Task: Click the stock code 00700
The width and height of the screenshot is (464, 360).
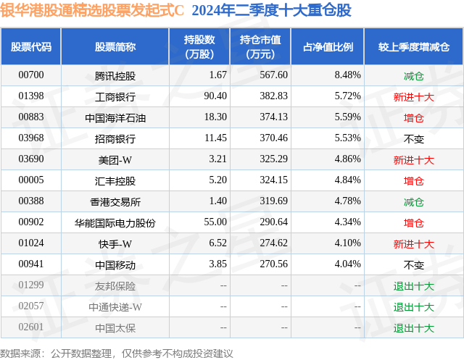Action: tap(31, 75)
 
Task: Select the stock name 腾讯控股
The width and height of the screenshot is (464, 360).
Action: tap(115, 76)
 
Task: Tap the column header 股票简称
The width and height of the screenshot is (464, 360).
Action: tap(115, 46)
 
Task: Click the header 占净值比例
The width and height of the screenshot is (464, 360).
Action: tap(328, 46)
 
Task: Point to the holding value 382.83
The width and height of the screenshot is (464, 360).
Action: tap(274, 96)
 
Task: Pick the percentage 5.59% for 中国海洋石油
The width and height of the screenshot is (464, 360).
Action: tap(348, 117)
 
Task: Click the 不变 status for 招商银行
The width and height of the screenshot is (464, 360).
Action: tap(414, 139)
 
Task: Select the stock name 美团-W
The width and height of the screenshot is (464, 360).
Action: tap(115, 160)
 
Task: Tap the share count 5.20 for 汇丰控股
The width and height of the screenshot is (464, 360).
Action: tap(217, 180)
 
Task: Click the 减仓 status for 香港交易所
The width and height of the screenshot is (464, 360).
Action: tap(414, 202)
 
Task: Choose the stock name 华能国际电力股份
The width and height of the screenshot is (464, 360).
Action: tap(115, 223)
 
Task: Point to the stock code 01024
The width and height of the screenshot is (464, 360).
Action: tap(31, 243)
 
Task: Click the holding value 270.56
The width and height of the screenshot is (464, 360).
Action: tap(274, 264)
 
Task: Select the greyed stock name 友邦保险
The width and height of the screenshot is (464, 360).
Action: tap(115, 286)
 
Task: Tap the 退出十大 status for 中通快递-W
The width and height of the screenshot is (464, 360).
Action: tap(414, 307)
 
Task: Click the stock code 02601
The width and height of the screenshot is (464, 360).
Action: tap(31, 327)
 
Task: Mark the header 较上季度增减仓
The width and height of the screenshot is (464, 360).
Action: tap(414, 46)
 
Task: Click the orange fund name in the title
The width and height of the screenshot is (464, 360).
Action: tap(92, 10)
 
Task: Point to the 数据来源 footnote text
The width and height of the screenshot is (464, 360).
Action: tap(116, 353)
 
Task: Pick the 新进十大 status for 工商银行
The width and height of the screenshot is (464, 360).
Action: tap(414, 97)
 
